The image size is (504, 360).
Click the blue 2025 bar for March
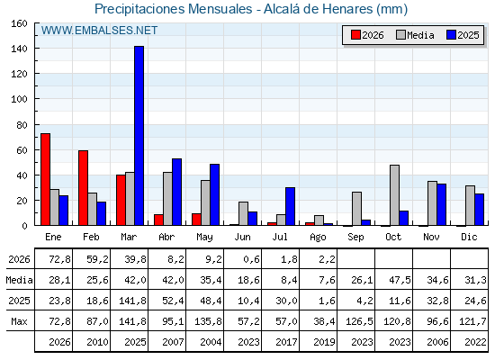139,136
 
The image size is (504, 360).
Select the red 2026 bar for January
45,179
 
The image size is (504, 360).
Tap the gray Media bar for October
395,195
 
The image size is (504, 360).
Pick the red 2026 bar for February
83,188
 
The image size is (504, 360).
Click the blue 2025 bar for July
290,206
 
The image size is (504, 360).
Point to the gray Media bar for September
356,209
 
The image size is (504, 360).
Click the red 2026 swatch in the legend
355,35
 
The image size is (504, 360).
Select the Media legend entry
415,35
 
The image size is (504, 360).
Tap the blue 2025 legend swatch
451,35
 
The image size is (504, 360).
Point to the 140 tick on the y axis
36,49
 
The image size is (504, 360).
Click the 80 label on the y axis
22,125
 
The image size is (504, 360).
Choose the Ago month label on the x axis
318,238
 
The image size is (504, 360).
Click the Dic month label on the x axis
469,237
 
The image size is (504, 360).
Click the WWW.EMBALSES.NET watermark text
99,31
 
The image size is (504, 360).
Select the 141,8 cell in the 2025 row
133,301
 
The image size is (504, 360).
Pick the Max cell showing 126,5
359,321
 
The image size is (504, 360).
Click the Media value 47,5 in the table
400,280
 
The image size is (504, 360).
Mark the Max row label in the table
19,321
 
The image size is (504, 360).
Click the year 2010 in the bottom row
97,342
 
